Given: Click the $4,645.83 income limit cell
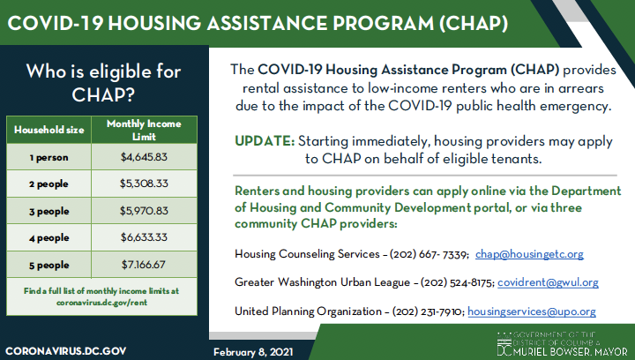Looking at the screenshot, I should (x=143, y=157).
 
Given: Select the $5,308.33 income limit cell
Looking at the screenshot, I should (x=143, y=184).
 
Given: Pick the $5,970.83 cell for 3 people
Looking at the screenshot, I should (x=143, y=212).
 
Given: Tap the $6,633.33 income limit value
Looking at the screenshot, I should (x=143, y=239).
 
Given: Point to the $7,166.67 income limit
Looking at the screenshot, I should (x=143, y=266).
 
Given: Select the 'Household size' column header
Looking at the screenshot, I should (x=49, y=130).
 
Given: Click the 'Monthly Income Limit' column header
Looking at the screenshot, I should (x=143, y=130).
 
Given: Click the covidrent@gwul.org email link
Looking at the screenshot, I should (x=548, y=282).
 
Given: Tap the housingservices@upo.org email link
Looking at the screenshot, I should (x=531, y=311).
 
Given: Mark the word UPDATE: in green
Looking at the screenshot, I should (x=265, y=141).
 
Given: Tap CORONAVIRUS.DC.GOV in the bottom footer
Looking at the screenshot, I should (x=67, y=349).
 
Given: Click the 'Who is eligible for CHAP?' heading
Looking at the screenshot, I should (x=104, y=81).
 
